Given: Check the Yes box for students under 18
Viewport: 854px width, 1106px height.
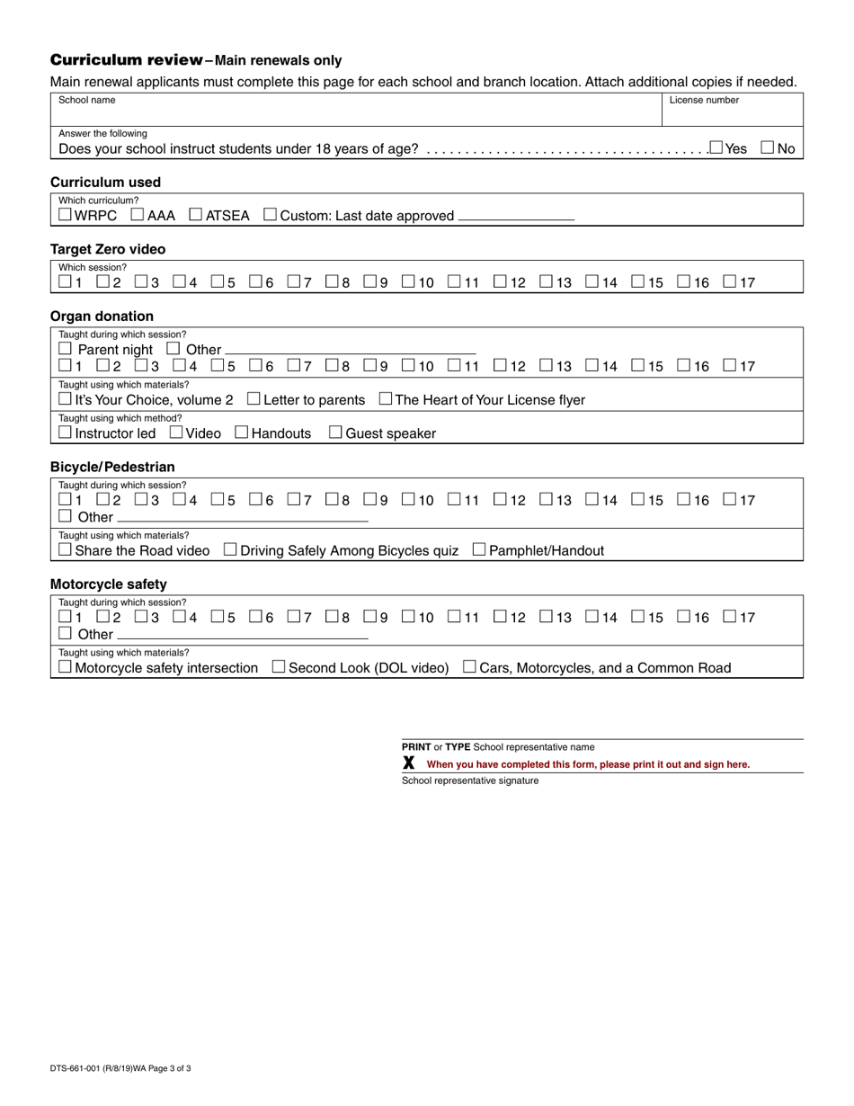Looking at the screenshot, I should tap(716, 147).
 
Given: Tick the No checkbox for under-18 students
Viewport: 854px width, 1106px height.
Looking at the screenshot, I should tap(768, 147).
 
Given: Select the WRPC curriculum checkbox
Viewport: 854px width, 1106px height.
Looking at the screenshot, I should tap(65, 215).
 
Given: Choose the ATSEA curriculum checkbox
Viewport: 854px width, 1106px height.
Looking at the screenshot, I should tap(196, 215).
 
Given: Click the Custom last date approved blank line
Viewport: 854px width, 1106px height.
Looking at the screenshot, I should tap(516, 216).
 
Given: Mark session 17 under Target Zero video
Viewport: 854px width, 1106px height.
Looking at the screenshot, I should tap(730, 282).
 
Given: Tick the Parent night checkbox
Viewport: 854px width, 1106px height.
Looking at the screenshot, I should tap(65, 349).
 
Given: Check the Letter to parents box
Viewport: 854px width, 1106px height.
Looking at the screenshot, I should tap(254, 399).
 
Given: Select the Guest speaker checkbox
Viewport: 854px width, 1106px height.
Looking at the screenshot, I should tap(335, 433).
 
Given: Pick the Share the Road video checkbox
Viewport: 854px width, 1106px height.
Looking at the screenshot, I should tap(65, 549).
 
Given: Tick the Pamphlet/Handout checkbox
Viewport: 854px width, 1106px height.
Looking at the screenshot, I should tap(479, 549).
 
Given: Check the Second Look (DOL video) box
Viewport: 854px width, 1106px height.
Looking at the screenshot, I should tap(279, 667).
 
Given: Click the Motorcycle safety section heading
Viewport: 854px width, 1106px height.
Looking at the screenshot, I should tap(108, 584).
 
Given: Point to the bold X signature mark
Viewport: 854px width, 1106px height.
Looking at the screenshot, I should tap(409, 763).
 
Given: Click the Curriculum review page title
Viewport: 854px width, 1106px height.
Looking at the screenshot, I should tap(126, 60).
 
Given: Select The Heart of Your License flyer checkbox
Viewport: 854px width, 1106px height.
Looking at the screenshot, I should tap(386, 399).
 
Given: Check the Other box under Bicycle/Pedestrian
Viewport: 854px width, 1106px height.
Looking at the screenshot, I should tap(65, 516).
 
